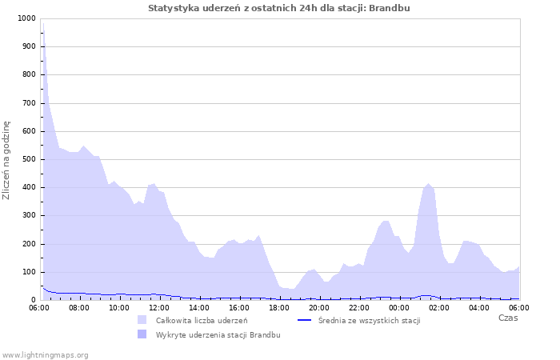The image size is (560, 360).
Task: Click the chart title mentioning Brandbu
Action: tap(279, 8)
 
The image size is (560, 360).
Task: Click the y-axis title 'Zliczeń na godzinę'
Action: tap(6, 160)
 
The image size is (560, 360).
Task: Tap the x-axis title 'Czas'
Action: tap(508, 318)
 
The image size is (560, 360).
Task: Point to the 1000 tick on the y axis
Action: tap(26, 18)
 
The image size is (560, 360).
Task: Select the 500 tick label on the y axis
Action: tap(28, 159)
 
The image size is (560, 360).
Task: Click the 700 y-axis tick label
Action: tap(28, 103)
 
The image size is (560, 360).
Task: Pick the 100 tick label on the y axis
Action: tap(28, 272)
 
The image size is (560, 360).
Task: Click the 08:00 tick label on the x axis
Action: tap(79, 307)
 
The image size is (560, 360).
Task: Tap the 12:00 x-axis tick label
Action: tap(159, 307)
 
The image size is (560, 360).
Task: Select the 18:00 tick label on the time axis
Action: tap(279, 307)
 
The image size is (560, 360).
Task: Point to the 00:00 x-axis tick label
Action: tap(399, 307)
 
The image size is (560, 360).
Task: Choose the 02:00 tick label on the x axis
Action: tap(439, 307)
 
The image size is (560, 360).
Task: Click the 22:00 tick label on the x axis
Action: tap(359, 307)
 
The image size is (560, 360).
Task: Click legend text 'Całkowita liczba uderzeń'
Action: tap(202, 320)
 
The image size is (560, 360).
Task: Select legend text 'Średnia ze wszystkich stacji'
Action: tap(369, 320)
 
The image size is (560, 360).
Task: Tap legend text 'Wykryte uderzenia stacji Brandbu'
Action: tap(218, 334)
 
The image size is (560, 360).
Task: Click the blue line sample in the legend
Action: tap(304, 320)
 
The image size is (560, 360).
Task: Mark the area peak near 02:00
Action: tap(429, 184)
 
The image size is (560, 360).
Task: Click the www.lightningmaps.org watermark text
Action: tap(46, 354)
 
